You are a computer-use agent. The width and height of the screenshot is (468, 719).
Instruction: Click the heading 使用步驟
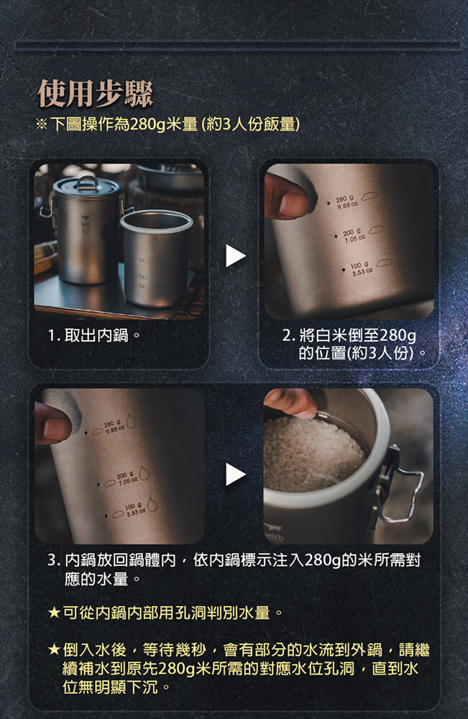click(x=95, y=93)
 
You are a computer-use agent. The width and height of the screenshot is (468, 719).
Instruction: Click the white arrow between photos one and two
click(x=236, y=255)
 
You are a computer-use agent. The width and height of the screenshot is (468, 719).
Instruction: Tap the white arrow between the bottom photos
click(x=236, y=474)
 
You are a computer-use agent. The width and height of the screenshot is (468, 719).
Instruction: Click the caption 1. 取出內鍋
click(x=94, y=335)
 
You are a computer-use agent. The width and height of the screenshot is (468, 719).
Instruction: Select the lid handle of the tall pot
click(x=87, y=182)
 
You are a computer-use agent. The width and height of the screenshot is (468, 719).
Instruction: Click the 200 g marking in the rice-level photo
click(x=354, y=236)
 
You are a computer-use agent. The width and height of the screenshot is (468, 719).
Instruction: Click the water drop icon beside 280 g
click(x=131, y=421)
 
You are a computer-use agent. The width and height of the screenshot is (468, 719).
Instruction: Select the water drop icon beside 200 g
click(x=144, y=473)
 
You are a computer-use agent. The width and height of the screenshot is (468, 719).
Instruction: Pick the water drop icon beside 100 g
click(x=152, y=505)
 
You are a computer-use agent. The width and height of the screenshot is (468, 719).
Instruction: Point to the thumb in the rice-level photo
click(x=289, y=196)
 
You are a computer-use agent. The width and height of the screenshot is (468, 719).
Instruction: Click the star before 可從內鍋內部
click(x=54, y=612)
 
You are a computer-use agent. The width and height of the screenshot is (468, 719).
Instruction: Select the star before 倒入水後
click(x=54, y=649)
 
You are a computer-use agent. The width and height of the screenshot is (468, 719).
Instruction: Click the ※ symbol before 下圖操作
click(x=41, y=124)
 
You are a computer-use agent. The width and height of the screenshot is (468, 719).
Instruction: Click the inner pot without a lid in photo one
click(x=156, y=259)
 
